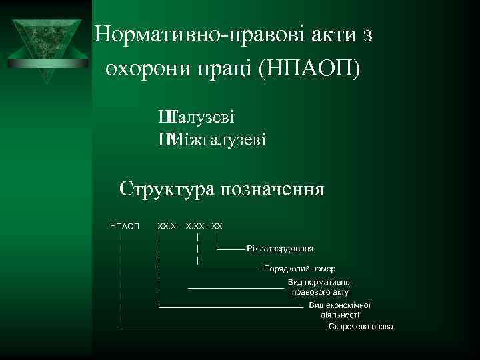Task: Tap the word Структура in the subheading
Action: (x=164, y=189)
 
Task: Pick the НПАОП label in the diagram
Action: (x=125, y=227)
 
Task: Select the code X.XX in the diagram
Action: (x=196, y=227)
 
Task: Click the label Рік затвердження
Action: (x=279, y=249)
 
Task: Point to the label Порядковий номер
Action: (x=295, y=269)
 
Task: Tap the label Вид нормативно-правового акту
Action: (x=319, y=287)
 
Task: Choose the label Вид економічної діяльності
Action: (x=339, y=310)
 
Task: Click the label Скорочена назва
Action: (x=361, y=327)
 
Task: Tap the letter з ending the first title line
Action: (x=367, y=35)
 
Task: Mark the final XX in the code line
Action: (x=217, y=227)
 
